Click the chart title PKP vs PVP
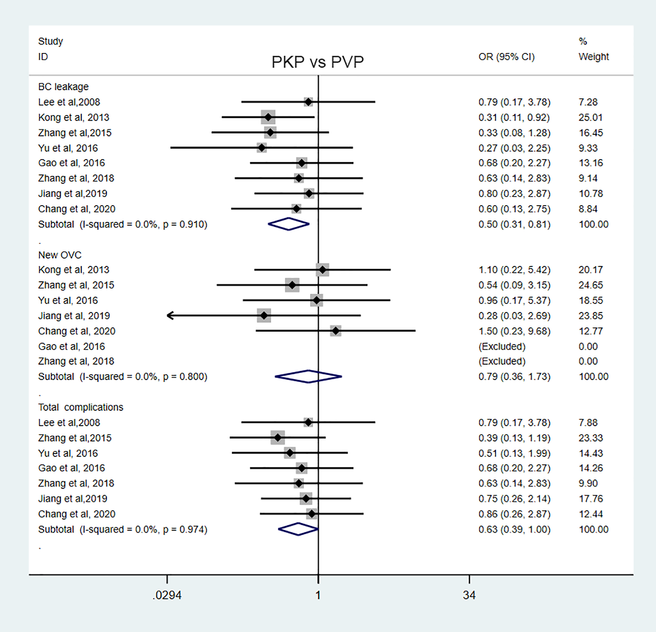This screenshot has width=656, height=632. pos(317,62)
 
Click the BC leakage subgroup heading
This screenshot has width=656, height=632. pos(63,87)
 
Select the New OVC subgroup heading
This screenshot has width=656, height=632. pos(59,255)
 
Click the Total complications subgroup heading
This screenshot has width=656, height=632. pos(81,407)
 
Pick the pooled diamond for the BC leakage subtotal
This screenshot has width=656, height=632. pos(288,224)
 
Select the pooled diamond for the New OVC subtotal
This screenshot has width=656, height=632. pos(308,376)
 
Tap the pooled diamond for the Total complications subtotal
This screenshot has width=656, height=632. pos(298,529)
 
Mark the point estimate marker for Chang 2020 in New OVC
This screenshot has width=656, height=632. pos(336,331)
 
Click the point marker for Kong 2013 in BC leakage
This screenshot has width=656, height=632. pos(268,117)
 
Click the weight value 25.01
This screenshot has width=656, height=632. pos(591,117)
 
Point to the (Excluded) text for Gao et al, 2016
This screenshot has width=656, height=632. pos(502,346)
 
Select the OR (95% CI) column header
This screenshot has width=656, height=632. pos(506,57)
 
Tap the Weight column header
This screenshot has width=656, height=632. pos(594,57)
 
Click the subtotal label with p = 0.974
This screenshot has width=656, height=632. pos(123,529)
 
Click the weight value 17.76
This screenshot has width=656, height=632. pos(591,499)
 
